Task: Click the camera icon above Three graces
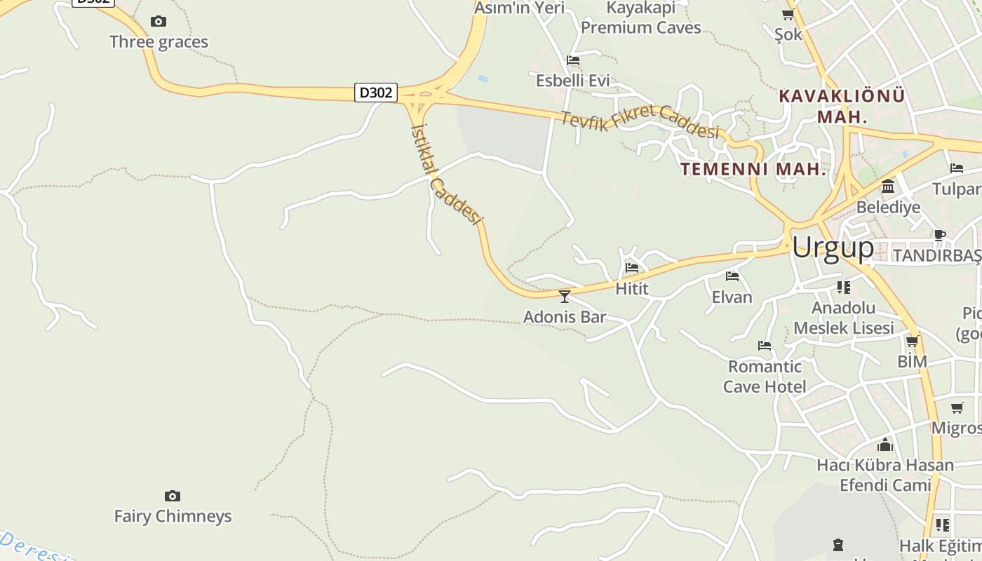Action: (159, 22)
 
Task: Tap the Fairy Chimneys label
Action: (173, 516)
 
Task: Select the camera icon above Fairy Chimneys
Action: (173, 496)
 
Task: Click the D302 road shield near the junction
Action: (377, 93)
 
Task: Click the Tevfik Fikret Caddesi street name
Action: (639, 121)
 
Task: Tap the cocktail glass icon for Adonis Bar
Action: (565, 296)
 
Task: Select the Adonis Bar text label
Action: (565, 317)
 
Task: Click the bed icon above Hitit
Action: (632, 267)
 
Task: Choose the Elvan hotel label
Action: (732, 297)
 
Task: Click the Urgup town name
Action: (833, 247)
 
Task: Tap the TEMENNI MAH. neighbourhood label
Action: (753, 169)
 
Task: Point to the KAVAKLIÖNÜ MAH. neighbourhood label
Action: (842, 106)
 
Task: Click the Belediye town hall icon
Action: (888, 187)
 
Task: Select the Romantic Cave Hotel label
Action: (765, 377)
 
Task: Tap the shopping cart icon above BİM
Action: (912, 342)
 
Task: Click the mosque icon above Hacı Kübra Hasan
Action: (885, 445)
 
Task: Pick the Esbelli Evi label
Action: (572, 81)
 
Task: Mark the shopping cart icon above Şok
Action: (788, 15)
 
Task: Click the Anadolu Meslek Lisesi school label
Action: (843, 318)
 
